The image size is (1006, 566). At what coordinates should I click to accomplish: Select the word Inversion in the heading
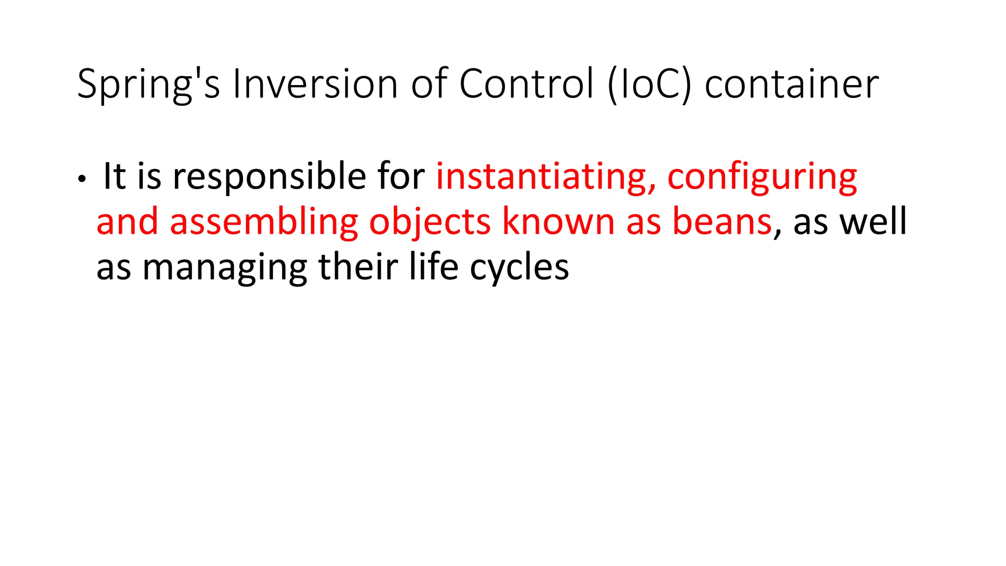pyautogui.click(x=315, y=85)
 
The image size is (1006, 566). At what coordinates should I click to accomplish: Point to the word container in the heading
pyautogui.click(x=791, y=85)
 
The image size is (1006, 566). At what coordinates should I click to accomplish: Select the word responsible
pyautogui.click(x=269, y=176)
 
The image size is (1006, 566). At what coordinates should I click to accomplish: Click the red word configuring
pyautogui.click(x=762, y=176)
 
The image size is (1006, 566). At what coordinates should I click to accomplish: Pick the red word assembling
pyautogui.click(x=264, y=222)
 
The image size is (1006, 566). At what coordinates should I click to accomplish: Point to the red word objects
pyautogui.click(x=430, y=222)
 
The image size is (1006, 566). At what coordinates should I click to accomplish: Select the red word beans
pyautogui.click(x=722, y=222)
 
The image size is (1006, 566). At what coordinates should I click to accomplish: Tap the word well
pyautogui.click(x=873, y=222)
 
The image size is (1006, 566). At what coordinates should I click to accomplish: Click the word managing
pyautogui.click(x=224, y=268)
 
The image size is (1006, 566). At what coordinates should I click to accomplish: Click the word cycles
pyautogui.click(x=519, y=268)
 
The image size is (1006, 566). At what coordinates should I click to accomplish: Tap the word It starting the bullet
pyautogui.click(x=114, y=176)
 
